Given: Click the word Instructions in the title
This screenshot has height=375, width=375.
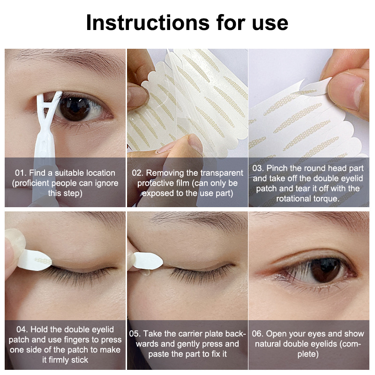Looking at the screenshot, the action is pos(148,22).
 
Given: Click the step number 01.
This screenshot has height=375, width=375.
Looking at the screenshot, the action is pos(20,173).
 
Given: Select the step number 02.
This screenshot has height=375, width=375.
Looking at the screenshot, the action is pos(137,173).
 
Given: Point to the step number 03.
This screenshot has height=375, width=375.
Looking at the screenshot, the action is pos(258,168).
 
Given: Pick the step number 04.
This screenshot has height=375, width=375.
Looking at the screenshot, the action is pos(22,330).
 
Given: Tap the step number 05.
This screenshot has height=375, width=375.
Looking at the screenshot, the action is pos(135,334).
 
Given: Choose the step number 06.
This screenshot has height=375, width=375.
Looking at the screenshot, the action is pos(257,334).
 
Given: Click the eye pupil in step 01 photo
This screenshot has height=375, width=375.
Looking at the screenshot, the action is pos(73,107).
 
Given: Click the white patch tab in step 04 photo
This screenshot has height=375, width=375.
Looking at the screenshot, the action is pos(35,260).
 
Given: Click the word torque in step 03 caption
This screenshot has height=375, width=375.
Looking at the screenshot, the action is pos(326,199).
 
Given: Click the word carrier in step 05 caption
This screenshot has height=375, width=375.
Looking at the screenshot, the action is pos(190,334).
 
